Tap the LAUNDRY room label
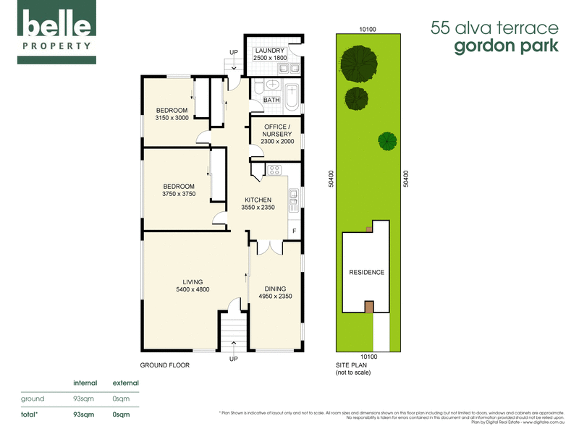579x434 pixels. click(270, 50)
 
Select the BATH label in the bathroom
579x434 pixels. click(271, 100)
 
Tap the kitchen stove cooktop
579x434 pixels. click(275, 171)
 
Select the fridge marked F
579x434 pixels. click(293, 231)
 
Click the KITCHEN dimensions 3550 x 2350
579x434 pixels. click(258, 208)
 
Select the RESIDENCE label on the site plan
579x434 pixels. click(367, 273)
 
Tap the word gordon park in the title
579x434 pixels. click(506, 46)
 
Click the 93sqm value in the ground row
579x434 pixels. click(82, 399)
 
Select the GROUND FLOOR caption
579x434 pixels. click(164, 365)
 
